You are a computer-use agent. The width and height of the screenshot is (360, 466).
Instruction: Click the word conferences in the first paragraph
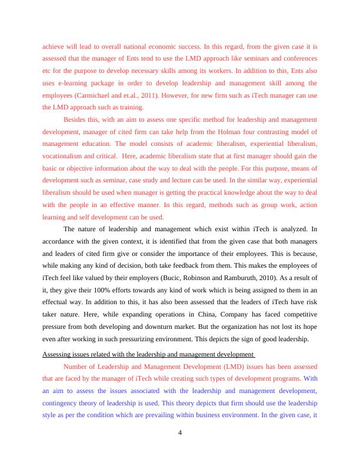(x=300, y=58)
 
